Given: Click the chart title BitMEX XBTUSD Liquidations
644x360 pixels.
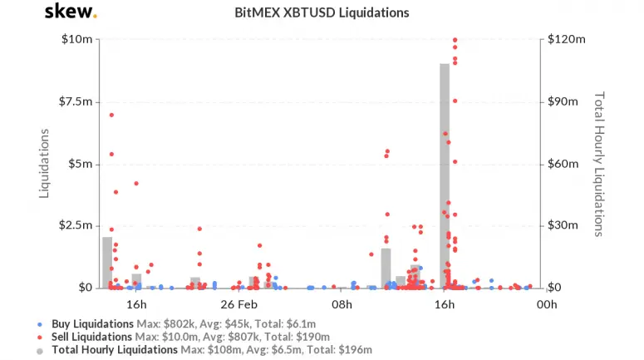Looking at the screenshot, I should pyautogui.click(x=322, y=13).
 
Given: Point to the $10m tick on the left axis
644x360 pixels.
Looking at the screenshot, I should pyautogui.click(x=77, y=40).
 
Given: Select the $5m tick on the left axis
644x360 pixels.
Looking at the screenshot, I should pyautogui.click(x=80, y=164).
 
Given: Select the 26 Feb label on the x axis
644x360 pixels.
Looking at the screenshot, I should pyautogui.click(x=239, y=305).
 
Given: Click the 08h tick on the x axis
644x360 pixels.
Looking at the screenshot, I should pyautogui.click(x=342, y=305).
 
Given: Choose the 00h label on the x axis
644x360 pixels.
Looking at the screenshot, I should pyautogui.click(x=546, y=305).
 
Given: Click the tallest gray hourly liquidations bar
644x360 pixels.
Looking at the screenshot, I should pyautogui.click(x=445, y=175).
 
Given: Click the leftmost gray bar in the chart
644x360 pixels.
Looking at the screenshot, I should pyautogui.click(x=107, y=262).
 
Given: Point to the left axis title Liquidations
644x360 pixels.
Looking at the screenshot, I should pyautogui.click(x=46, y=163).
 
